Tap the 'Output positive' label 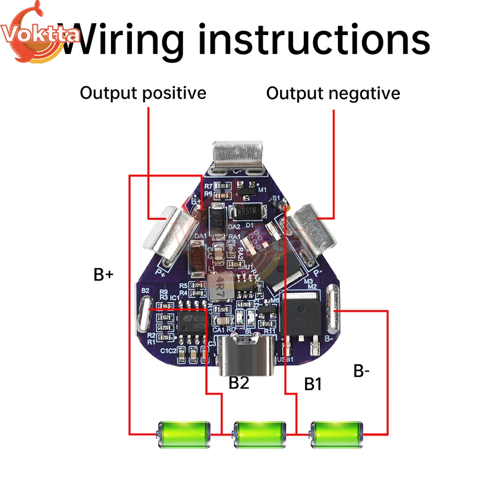pyautogui.click(x=143, y=93)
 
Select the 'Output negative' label pyautogui.click(x=333, y=93)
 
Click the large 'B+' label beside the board pyautogui.click(x=104, y=274)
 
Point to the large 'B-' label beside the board pyautogui.click(x=362, y=371)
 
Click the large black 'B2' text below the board pyautogui.click(x=239, y=382)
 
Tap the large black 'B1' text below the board pyautogui.click(x=313, y=384)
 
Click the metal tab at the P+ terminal pyautogui.click(x=164, y=231)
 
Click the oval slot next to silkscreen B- pyautogui.click(x=332, y=307)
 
